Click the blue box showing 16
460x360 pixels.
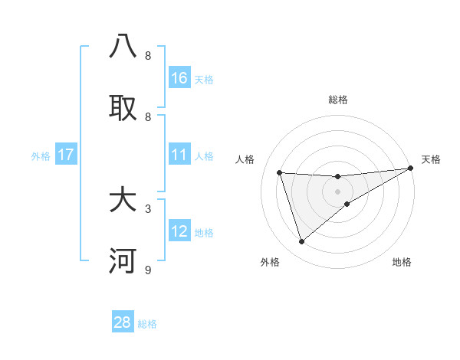point(179,78)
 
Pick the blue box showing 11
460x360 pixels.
point(179,155)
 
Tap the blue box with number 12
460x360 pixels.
point(179,231)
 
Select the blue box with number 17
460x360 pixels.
point(65,155)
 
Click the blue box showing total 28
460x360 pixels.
point(123,322)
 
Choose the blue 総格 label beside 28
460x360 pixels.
point(147,324)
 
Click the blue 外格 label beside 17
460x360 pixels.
point(41,156)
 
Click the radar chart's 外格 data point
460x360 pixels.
point(301,242)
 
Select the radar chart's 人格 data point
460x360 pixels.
point(280,172)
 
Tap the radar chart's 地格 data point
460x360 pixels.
point(347,204)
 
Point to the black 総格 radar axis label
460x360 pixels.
point(337,100)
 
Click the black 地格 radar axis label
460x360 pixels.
point(402,262)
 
